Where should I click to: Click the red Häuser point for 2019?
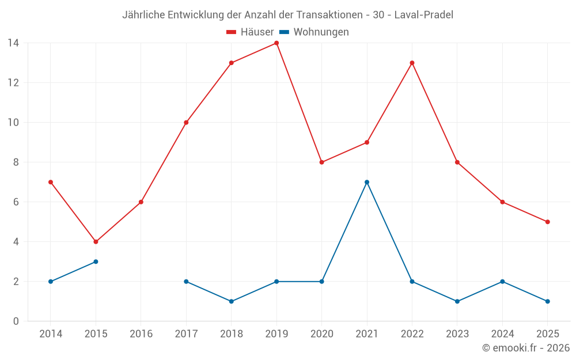pyautogui.click(x=276, y=43)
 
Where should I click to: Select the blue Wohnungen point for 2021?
pyautogui.click(x=367, y=182)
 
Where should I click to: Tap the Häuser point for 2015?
pyautogui.click(x=96, y=242)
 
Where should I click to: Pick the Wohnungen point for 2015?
pyautogui.click(x=96, y=262)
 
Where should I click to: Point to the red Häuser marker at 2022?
pyautogui.click(x=412, y=63)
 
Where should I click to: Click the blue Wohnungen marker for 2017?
pyautogui.click(x=186, y=282)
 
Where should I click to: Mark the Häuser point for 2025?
pyautogui.click(x=547, y=222)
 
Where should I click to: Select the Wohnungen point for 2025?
pyautogui.click(x=547, y=301)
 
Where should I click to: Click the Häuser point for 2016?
pyautogui.click(x=141, y=202)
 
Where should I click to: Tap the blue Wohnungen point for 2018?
pyautogui.click(x=231, y=301)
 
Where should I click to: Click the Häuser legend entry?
pyautogui.click(x=250, y=32)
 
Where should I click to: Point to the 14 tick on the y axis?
pyautogui.click(x=13, y=43)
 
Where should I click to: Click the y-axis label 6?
pyautogui.click(x=16, y=202)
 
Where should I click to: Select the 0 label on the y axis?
pyautogui.click(x=16, y=321)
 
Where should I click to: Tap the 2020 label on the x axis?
pyautogui.click(x=321, y=334)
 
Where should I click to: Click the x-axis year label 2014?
pyautogui.click(x=51, y=334)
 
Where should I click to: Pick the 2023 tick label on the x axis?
pyautogui.click(x=457, y=334)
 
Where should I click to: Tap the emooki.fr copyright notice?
pyautogui.click(x=525, y=348)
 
